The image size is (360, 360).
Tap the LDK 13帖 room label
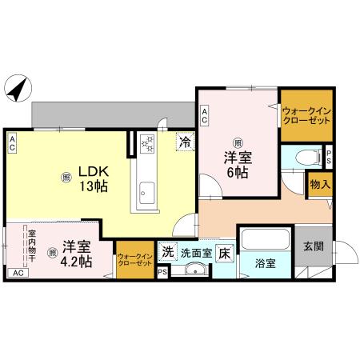(x=93, y=178)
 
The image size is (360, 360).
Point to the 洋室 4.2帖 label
(x=73, y=254)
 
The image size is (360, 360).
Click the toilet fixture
(x=302, y=158)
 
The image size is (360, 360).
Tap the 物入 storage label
(x=320, y=184)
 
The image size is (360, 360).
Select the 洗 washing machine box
(x=168, y=251)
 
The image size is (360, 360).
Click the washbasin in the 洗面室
(x=194, y=270)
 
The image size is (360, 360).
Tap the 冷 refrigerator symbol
(x=185, y=143)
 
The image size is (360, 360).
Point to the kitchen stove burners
(x=148, y=142)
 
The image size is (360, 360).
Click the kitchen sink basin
(x=147, y=190)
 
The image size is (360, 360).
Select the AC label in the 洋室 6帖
(x=205, y=114)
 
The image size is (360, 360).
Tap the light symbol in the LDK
(x=66, y=178)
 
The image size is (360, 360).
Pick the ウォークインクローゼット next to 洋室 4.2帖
(x=134, y=258)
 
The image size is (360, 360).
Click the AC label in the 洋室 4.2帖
(x=17, y=273)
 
